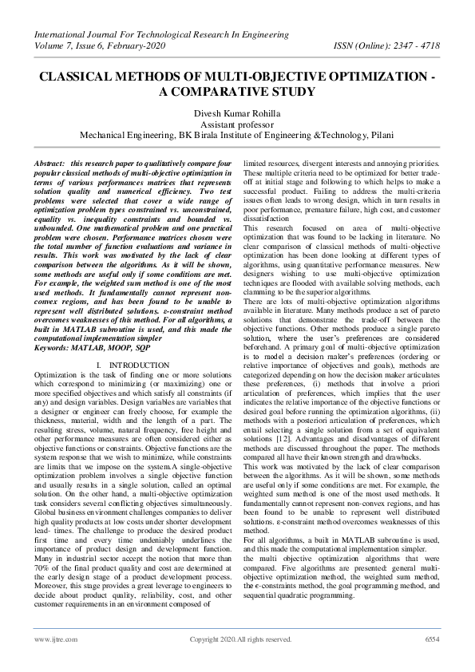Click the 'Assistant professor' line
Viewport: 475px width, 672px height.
pos(237,125)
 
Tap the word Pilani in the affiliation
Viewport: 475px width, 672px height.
pos(378,136)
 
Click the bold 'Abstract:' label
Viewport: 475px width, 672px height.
pos(50,163)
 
